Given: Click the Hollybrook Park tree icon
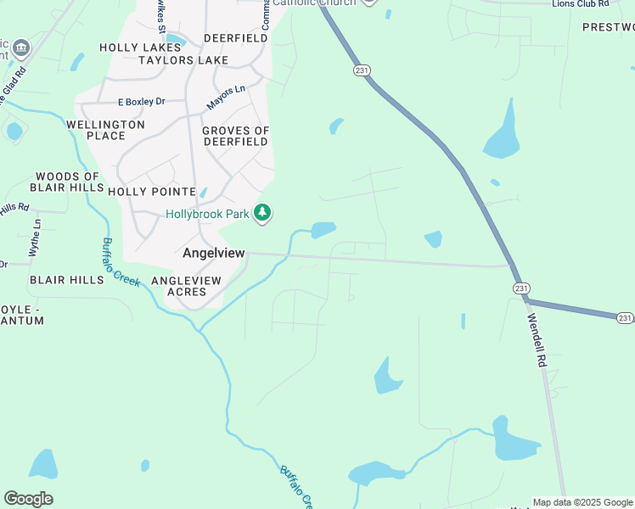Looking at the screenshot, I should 263,212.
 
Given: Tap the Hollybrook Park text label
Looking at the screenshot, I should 207,215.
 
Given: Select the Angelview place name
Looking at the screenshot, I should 213,253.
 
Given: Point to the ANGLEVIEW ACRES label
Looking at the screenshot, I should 186,286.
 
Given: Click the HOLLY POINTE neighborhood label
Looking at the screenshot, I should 152,192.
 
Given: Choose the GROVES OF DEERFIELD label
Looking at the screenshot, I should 235,136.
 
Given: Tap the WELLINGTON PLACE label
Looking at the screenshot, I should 105,130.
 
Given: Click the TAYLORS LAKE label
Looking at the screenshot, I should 183,60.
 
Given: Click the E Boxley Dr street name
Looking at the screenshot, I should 142,101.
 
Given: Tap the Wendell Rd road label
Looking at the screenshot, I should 538,340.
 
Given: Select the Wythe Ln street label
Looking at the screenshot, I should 37,237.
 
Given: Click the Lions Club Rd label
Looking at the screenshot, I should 581,4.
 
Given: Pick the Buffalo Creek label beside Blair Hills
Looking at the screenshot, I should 120,261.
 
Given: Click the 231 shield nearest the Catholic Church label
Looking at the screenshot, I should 363,70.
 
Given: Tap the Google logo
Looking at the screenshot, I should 28,499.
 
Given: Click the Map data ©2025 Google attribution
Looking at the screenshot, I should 582,502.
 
